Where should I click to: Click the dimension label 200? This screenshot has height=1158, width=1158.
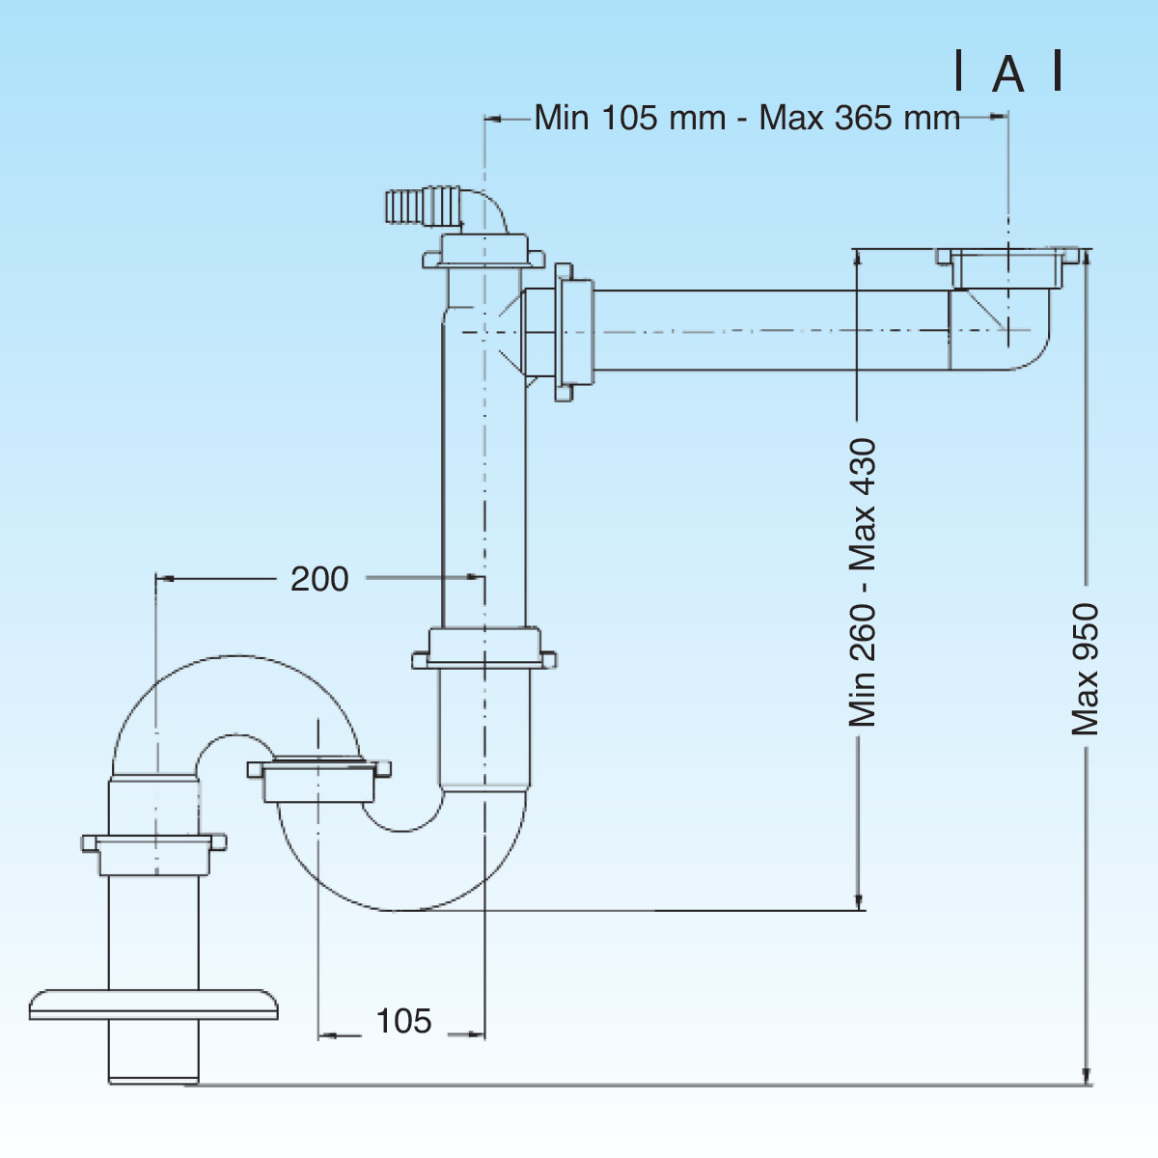click(319, 579)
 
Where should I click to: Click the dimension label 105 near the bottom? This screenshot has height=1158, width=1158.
click(403, 1021)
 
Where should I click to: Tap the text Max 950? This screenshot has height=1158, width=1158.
click(1086, 670)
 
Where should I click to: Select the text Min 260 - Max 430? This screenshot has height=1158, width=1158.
click(862, 582)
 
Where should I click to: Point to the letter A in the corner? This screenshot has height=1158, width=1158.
click(1008, 74)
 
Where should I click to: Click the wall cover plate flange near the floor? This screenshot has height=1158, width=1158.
click(153, 1003)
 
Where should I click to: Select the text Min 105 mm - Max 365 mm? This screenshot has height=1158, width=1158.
click(747, 118)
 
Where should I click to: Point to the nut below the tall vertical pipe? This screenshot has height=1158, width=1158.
click(484, 648)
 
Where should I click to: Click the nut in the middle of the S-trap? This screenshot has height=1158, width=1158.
click(318, 780)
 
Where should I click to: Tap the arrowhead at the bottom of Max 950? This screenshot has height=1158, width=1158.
click(1088, 1077)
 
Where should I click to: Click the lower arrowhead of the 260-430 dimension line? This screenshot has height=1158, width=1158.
click(859, 901)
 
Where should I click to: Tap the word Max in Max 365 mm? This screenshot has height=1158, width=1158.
click(791, 118)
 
